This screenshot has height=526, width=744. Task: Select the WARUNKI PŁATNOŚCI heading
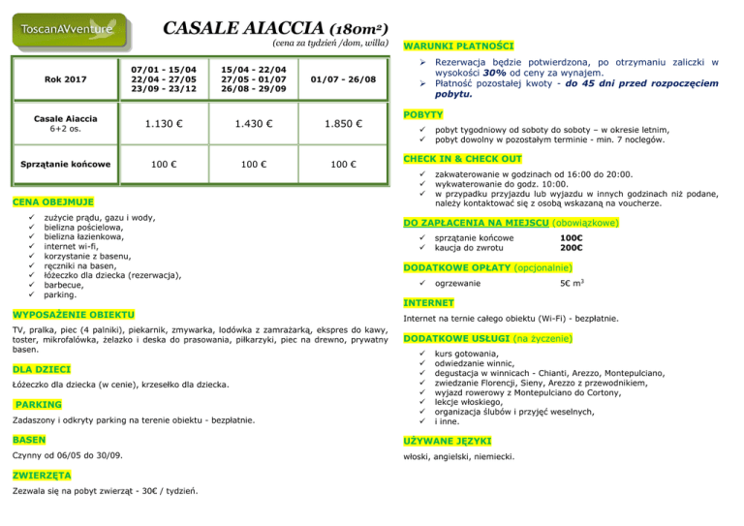pyautogui.click(x=458, y=46)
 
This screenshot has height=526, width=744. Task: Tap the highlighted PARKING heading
pyautogui.click(x=39, y=403)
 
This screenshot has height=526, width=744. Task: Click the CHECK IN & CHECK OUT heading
pyautogui.click(x=471, y=159)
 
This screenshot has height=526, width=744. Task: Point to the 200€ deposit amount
pyautogui.click(x=573, y=247)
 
